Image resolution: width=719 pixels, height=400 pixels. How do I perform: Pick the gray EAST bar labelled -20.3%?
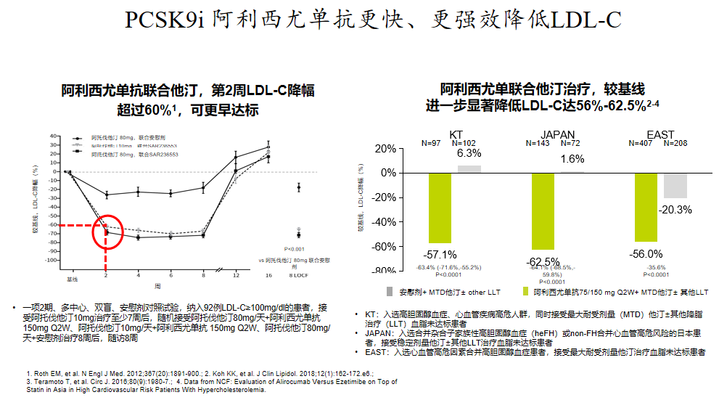point(675,186)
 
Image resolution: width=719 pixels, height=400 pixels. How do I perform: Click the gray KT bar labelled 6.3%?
point(469,169)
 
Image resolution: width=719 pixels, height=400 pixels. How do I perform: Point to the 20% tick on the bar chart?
point(385,148)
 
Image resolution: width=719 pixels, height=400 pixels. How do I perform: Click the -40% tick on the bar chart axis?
point(384,222)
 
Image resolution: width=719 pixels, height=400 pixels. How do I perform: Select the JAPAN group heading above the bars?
point(558,135)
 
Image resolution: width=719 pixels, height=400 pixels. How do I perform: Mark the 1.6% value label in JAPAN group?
point(572,159)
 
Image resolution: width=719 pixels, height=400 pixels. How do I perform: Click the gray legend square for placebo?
point(390,291)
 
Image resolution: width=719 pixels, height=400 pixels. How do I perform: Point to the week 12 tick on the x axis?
point(235,277)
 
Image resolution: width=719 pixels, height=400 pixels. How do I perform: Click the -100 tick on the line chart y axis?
point(53,260)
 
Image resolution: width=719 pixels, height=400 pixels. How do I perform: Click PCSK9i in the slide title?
point(165,20)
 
